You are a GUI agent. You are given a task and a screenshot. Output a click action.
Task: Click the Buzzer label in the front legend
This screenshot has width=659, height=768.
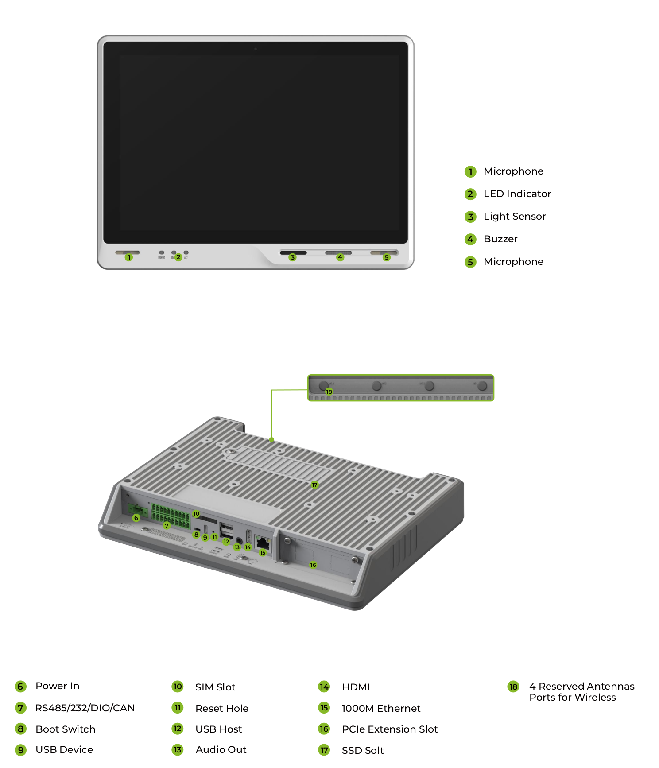tap(500, 239)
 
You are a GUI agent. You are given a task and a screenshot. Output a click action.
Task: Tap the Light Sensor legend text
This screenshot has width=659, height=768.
tap(514, 217)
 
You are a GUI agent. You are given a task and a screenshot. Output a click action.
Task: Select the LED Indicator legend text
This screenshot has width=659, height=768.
tap(517, 194)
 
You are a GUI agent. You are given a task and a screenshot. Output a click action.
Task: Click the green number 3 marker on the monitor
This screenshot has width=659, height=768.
tap(292, 257)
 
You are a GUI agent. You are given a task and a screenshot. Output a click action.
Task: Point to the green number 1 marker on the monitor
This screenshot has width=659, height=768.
tap(129, 257)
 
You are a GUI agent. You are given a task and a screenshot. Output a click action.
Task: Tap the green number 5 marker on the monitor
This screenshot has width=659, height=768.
tap(387, 257)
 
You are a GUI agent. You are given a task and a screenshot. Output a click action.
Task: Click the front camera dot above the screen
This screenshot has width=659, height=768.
tap(256, 49)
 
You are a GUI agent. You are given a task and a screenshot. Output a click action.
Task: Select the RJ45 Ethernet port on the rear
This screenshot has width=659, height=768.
tap(263, 543)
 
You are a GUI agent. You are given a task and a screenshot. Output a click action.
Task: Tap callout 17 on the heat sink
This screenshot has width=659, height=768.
tap(314, 485)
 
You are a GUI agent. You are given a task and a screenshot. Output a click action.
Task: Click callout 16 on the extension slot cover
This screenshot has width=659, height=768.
tap(313, 565)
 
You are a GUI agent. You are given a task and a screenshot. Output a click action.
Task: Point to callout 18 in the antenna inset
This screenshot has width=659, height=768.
tap(329, 392)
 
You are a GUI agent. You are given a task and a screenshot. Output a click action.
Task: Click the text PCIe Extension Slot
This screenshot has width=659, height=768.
tap(389, 729)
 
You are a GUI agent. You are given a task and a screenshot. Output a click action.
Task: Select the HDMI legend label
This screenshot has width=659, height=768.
tap(356, 687)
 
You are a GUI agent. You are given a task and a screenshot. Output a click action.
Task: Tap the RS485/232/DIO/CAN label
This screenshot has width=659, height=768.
tap(85, 708)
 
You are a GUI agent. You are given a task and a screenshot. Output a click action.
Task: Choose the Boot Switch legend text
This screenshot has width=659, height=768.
tap(65, 729)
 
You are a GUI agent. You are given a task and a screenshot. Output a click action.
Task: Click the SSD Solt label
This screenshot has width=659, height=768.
tap(362, 750)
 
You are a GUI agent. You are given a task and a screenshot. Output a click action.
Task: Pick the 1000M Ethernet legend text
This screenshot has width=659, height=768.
tap(381, 708)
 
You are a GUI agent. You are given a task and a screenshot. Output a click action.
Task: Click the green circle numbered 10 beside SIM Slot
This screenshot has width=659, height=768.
tap(178, 687)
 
